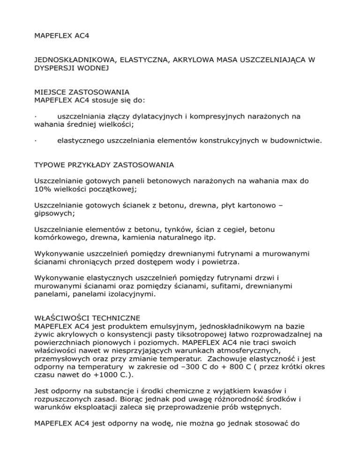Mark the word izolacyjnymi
point(141,296)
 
